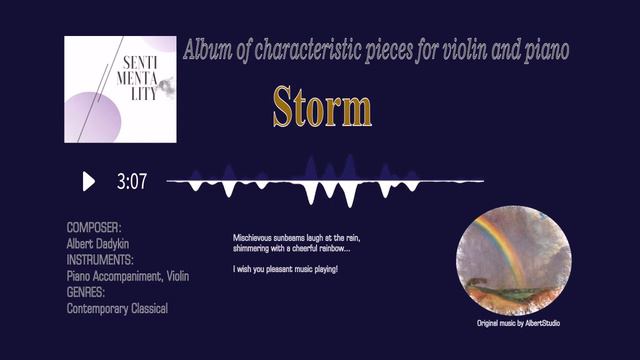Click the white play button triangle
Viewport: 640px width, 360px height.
[88, 181]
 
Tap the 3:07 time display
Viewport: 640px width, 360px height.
[131, 182]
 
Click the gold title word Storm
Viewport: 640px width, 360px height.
[322, 106]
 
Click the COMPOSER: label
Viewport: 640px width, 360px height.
[93, 228]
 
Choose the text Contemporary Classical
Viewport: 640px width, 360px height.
[117, 308]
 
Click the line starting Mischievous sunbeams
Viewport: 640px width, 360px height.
[296, 239]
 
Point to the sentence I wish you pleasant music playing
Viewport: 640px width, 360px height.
[285, 270]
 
